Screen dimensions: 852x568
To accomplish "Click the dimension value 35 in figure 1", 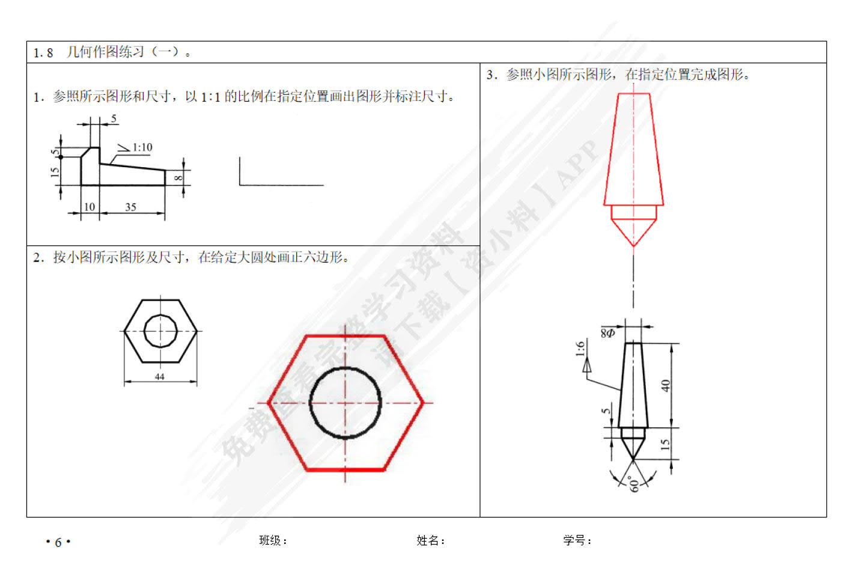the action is pos(130,207).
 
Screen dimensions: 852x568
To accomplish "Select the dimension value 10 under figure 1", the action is pos(90,207).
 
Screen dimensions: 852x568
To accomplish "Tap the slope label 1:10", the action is pos(142,147).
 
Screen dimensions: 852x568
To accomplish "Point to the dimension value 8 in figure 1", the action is pos(178,177).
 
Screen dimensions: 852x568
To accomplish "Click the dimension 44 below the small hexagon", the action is pos(160,377).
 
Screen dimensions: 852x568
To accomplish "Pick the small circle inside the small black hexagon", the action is pos(144,331).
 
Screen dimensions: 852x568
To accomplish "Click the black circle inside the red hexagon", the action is pos(309,403).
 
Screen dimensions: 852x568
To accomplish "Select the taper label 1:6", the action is pos(580,349).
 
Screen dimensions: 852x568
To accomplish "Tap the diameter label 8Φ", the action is pos(607,334).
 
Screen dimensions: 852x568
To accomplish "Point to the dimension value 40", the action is pos(666,386).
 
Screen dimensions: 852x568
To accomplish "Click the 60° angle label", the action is pos(634,484).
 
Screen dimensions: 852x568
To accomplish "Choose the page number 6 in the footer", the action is pos(58,542).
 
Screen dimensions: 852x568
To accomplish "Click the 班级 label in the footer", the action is pos(270,540).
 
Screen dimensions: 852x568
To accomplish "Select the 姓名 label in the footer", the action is pos(427,540).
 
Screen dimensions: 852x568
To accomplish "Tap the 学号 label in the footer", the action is pos(574,540).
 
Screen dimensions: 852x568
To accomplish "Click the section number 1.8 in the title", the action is pos(43,53).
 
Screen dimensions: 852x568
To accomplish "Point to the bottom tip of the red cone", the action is pos(633,246).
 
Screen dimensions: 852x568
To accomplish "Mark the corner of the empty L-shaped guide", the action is pos(240,185).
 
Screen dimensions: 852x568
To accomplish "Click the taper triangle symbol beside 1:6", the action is pos(587,365).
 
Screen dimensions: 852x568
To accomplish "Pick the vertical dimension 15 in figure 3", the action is pos(665,444).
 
